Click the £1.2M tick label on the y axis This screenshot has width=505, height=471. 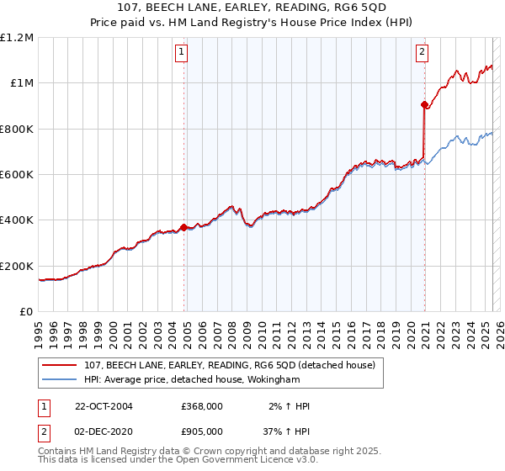click(19, 37)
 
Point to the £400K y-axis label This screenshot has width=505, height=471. click(17, 220)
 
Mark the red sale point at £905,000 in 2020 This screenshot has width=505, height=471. click(424, 105)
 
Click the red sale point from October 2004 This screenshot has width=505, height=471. click(183, 227)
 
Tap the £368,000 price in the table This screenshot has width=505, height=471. click(202, 407)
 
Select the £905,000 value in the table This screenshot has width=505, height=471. click(202, 431)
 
